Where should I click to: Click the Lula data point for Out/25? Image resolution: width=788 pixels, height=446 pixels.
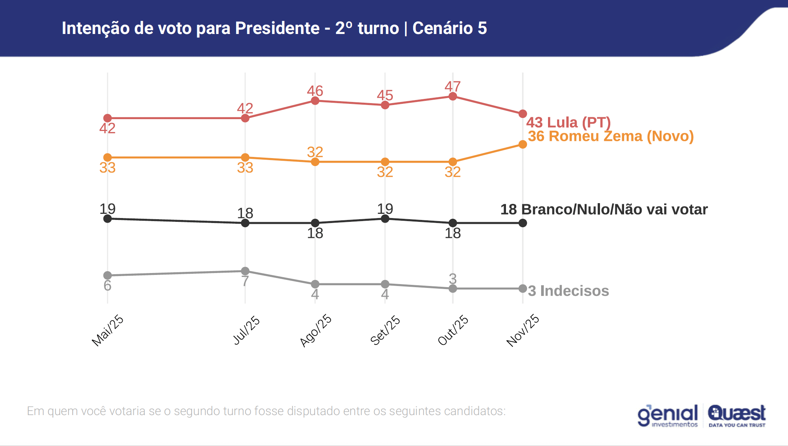coord(452,96)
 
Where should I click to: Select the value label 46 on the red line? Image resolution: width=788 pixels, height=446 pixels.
coord(315,91)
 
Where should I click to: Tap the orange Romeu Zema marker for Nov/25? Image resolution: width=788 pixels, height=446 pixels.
coord(522,144)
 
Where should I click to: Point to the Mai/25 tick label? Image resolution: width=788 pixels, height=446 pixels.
coord(108,330)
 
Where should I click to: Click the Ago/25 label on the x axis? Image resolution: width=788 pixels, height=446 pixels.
coord(316,330)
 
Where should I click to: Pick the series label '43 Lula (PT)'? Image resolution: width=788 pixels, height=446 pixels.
coord(568,123)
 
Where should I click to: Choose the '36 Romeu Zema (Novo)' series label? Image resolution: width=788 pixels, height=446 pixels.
coord(611,136)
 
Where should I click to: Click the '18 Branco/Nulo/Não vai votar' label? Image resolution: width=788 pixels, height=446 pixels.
coord(604,209)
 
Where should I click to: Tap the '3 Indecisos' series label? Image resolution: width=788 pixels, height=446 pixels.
coord(568,291)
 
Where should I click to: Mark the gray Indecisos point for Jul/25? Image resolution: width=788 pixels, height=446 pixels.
coord(245,271)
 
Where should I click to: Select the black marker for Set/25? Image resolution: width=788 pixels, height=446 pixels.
coord(385,218)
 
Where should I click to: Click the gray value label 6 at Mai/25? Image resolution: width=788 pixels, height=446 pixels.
coord(107,286)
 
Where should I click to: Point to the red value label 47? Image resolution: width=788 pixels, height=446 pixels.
coord(452,86)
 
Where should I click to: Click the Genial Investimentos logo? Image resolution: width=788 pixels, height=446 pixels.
coord(667,415)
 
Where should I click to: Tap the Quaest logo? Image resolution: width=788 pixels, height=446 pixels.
coord(736,415)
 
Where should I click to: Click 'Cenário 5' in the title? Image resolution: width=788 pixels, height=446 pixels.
coord(449,28)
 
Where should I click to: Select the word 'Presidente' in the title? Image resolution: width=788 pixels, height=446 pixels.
coord(277,28)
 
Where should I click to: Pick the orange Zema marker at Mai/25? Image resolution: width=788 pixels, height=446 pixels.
coord(108,157)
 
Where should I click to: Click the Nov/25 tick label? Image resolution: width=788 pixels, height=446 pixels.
coord(523,330)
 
